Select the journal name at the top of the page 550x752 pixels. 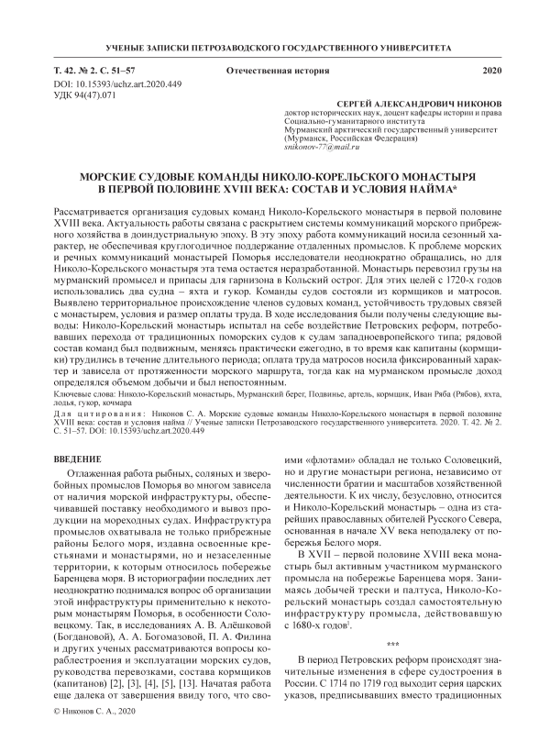coord(274,46)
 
